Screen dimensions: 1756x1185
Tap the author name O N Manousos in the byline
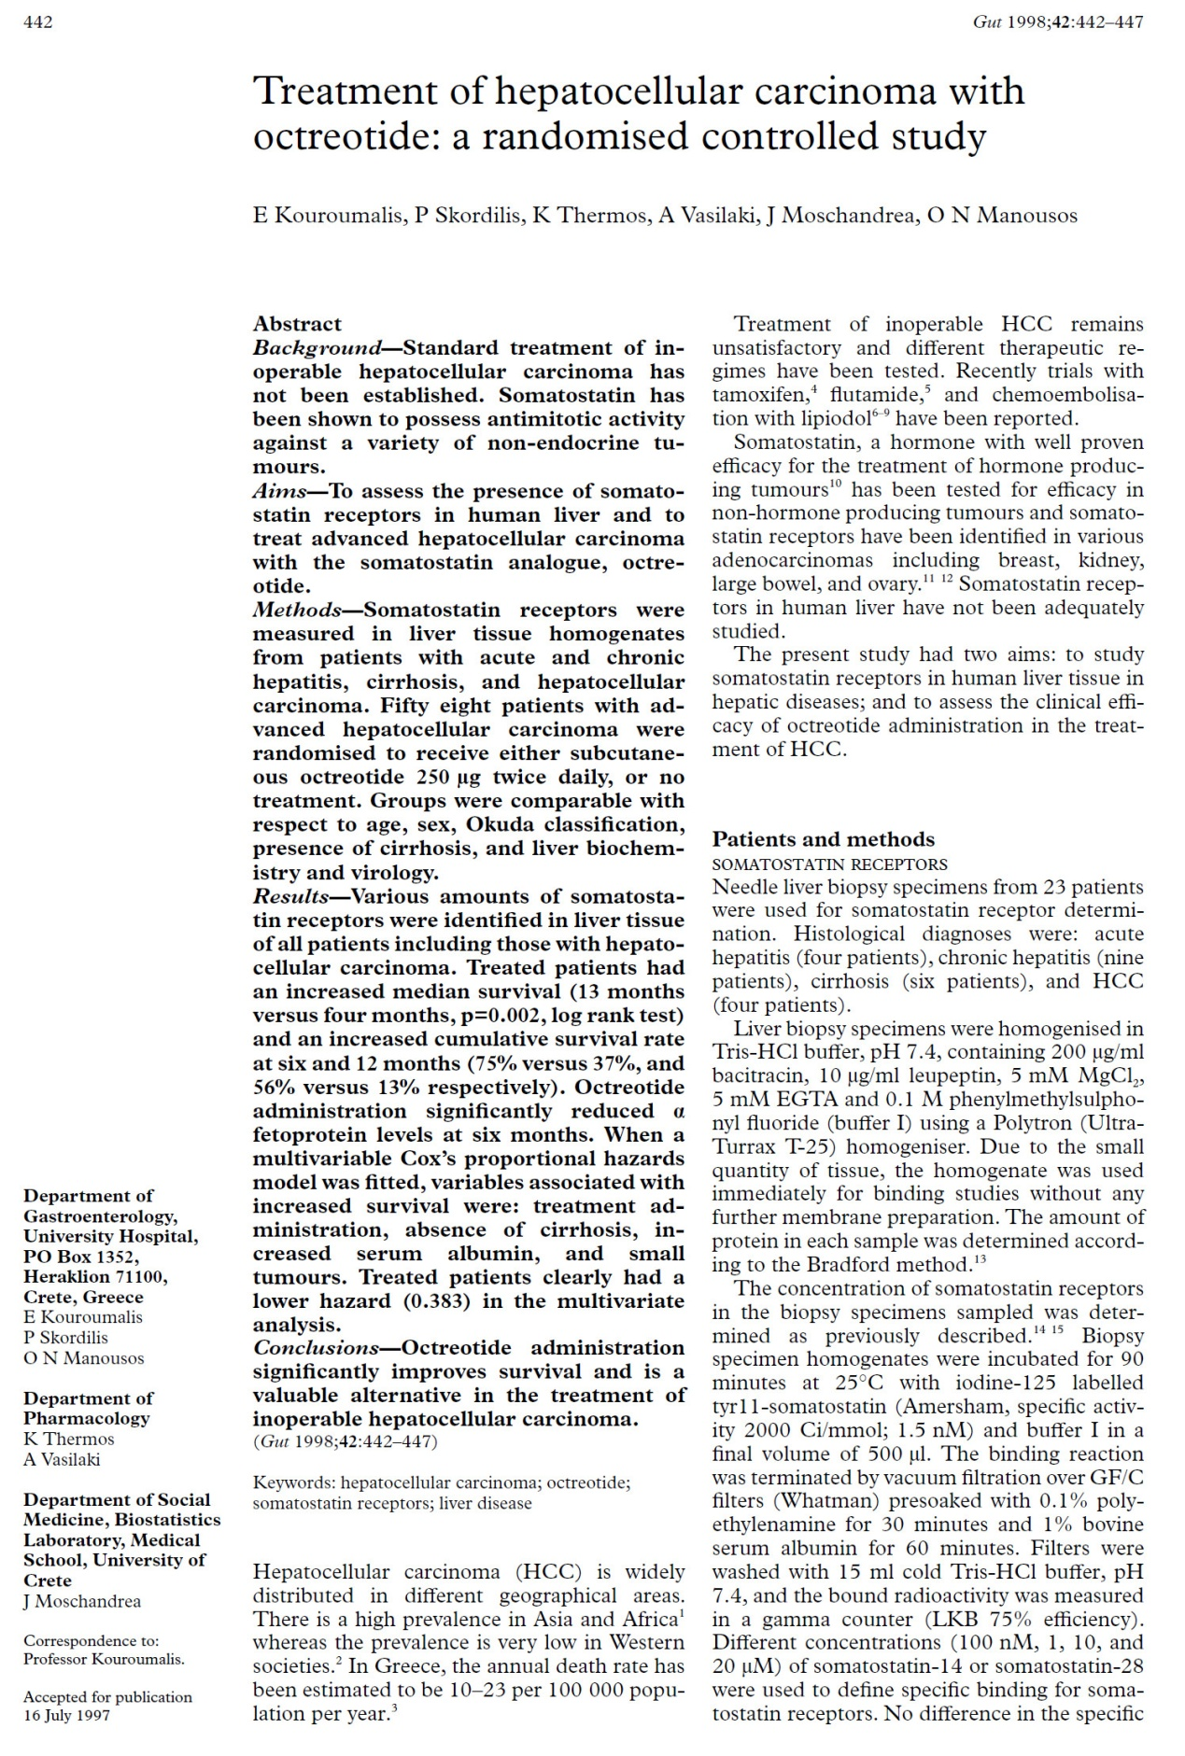(x=1002, y=216)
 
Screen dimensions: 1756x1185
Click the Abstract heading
(x=297, y=324)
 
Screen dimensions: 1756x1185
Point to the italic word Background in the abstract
(x=317, y=348)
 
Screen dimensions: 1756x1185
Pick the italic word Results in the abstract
(x=291, y=896)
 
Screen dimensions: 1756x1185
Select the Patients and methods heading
(x=823, y=839)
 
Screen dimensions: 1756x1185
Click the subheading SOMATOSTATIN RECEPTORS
(x=829, y=864)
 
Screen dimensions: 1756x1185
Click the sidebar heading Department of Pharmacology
(x=88, y=1408)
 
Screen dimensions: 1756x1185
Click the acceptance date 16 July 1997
(x=66, y=1715)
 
